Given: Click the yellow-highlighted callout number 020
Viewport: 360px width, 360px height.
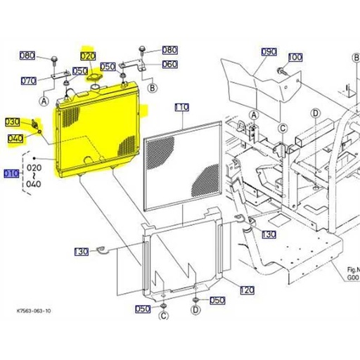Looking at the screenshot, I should [88, 56].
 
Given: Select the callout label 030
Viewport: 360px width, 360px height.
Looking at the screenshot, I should [13, 122].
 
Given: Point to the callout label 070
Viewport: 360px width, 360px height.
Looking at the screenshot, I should [28, 81].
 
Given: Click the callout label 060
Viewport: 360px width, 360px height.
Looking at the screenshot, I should [169, 64].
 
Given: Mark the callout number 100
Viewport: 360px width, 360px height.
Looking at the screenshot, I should [295, 57].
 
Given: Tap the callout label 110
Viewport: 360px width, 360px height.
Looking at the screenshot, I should [181, 108].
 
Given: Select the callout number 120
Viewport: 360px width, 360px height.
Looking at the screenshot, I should [247, 290].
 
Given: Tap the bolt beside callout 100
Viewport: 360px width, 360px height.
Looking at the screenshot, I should [281, 70].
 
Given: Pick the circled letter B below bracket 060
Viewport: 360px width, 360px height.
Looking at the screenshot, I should [153, 87].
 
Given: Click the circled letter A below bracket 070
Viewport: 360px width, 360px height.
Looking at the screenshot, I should [46, 101].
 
